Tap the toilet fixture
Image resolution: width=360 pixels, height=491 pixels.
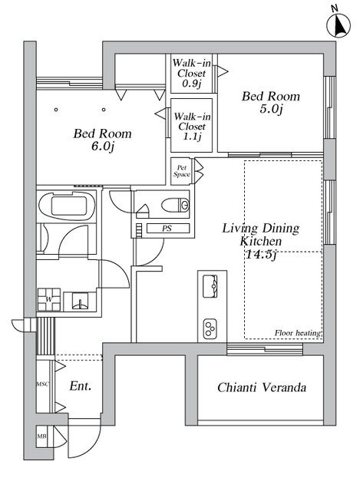click(176, 205)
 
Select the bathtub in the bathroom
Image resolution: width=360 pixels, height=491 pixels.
click(68, 206)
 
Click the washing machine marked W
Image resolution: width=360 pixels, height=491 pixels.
click(49, 299)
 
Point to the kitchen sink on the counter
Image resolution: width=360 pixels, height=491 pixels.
click(210, 286)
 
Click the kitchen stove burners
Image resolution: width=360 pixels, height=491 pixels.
click(210, 328)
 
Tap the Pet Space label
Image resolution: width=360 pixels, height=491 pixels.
click(181, 171)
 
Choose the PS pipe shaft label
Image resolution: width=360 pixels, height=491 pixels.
click(167, 229)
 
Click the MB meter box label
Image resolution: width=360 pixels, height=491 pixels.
click(41, 436)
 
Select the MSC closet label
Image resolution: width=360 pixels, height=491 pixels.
click(43, 384)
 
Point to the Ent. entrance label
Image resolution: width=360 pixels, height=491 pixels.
click(80, 386)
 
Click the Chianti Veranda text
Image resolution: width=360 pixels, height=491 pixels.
click(262, 387)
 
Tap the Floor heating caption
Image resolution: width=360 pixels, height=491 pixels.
click(298, 333)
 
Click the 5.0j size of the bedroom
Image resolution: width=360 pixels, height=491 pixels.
click(271, 109)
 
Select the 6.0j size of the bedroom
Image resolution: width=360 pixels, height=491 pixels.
click(102, 147)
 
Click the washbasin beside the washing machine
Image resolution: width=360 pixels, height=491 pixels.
click(80, 301)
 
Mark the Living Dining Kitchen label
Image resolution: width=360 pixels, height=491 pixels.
click(261, 235)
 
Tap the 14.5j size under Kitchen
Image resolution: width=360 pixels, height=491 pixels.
click(261, 254)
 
